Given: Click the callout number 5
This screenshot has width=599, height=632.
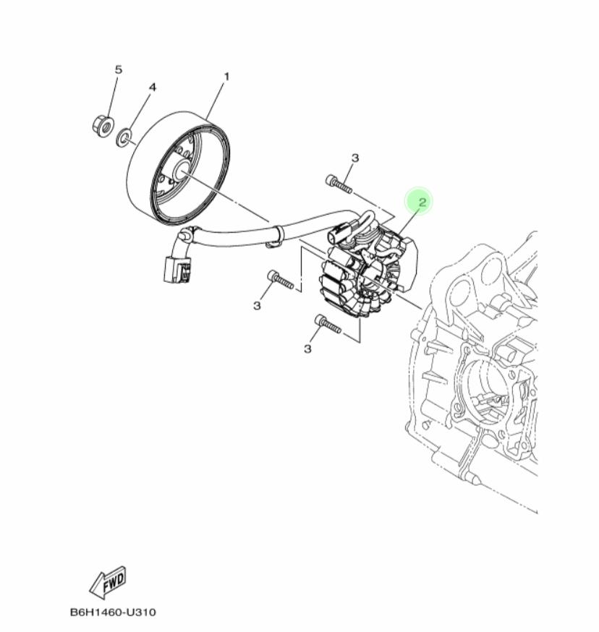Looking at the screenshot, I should click(119, 69).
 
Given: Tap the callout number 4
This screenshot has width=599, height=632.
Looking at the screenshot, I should click(152, 87).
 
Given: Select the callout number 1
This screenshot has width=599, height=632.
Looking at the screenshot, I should click(226, 76).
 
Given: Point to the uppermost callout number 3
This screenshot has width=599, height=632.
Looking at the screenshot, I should click(355, 158).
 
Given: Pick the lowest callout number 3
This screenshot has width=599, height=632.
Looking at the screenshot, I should click(307, 349).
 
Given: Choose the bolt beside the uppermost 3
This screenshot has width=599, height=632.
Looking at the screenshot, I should click(338, 183).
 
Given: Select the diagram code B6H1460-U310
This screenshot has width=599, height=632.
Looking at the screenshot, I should click(112, 612).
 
